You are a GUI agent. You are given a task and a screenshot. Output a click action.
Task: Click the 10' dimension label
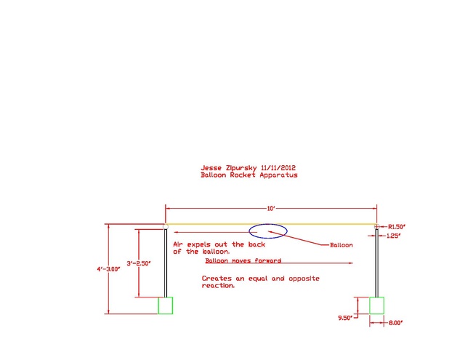271,209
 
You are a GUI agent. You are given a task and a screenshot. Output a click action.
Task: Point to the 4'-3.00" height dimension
108,269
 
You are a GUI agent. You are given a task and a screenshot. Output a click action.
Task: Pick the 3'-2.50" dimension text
139,263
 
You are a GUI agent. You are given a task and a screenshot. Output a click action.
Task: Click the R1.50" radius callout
397,227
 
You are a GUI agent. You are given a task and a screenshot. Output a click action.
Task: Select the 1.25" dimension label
394,236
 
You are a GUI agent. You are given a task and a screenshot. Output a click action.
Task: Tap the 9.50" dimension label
346,318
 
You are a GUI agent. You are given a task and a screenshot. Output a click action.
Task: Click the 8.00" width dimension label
395,323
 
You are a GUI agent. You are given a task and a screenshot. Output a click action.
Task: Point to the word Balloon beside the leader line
341,245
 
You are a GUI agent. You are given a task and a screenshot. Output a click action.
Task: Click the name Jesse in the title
211,168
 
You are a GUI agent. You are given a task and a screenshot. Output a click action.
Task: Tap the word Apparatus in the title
278,175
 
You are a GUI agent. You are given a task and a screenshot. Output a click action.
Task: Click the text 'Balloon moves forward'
243,260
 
